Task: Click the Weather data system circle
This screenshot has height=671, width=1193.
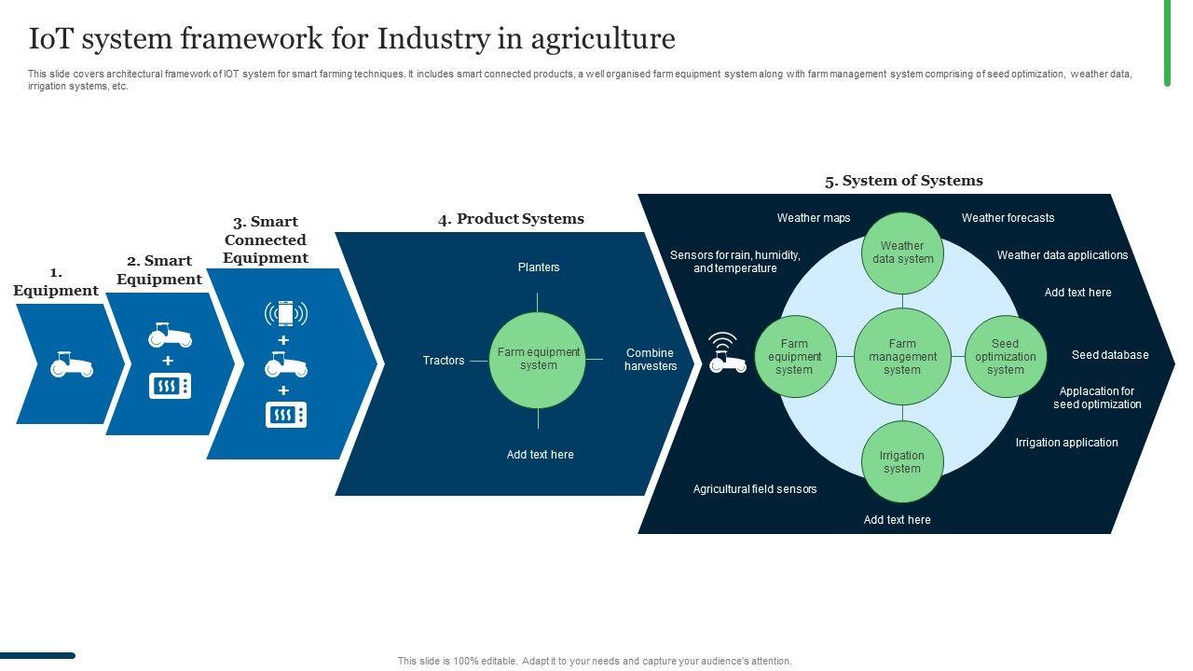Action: [x=902, y=253]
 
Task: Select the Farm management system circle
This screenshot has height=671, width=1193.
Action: [x=902, y=357]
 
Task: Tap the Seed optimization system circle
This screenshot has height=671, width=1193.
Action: [x=1005, y=357]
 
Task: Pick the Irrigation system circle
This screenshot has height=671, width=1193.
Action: [x=902, y=462]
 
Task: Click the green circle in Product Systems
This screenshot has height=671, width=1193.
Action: [x=538, y=360]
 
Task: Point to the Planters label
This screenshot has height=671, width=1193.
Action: [x=539, y=267]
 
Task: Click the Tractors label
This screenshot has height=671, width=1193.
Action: [x=444, y=361]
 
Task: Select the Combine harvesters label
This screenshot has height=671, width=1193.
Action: [x=651, y=360]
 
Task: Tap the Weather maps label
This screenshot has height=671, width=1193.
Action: [x=814, y=218]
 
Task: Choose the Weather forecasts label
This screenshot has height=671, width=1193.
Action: [x=1008, y=218]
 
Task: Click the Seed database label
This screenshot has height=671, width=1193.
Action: [x=1110, y=355]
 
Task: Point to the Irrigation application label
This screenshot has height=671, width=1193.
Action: [x=1066, y=443]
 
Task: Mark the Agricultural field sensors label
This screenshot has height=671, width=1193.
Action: [x=755, y=489]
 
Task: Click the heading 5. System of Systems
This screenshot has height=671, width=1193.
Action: [x=903, y=181]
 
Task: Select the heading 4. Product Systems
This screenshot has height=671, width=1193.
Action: [x=511, y=219]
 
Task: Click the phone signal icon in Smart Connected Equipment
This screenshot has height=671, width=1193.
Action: [x=286, y=313]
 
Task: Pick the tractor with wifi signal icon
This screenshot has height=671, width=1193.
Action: [x=727, y=353]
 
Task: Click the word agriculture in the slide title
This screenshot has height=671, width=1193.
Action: [x=603, y=39]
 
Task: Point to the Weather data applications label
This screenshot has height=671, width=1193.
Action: [x=1062, y=255]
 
